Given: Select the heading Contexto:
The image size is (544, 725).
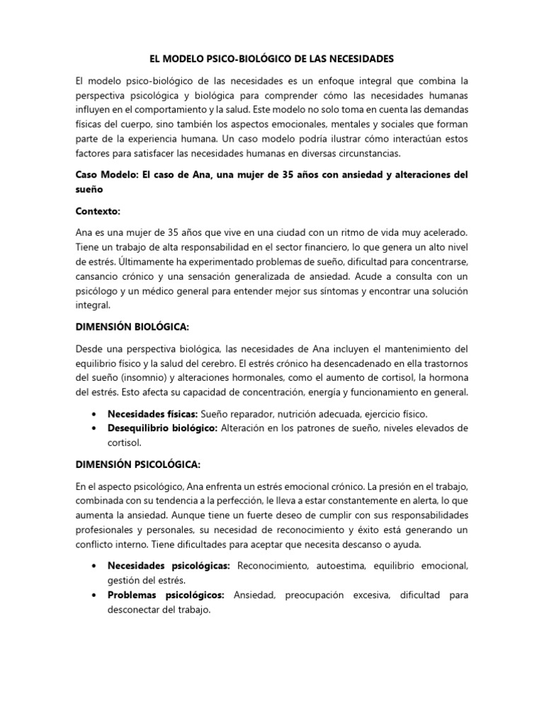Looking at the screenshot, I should [x=98, y=211].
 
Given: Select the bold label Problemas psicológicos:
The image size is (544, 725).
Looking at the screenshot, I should [x=166, y=595].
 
